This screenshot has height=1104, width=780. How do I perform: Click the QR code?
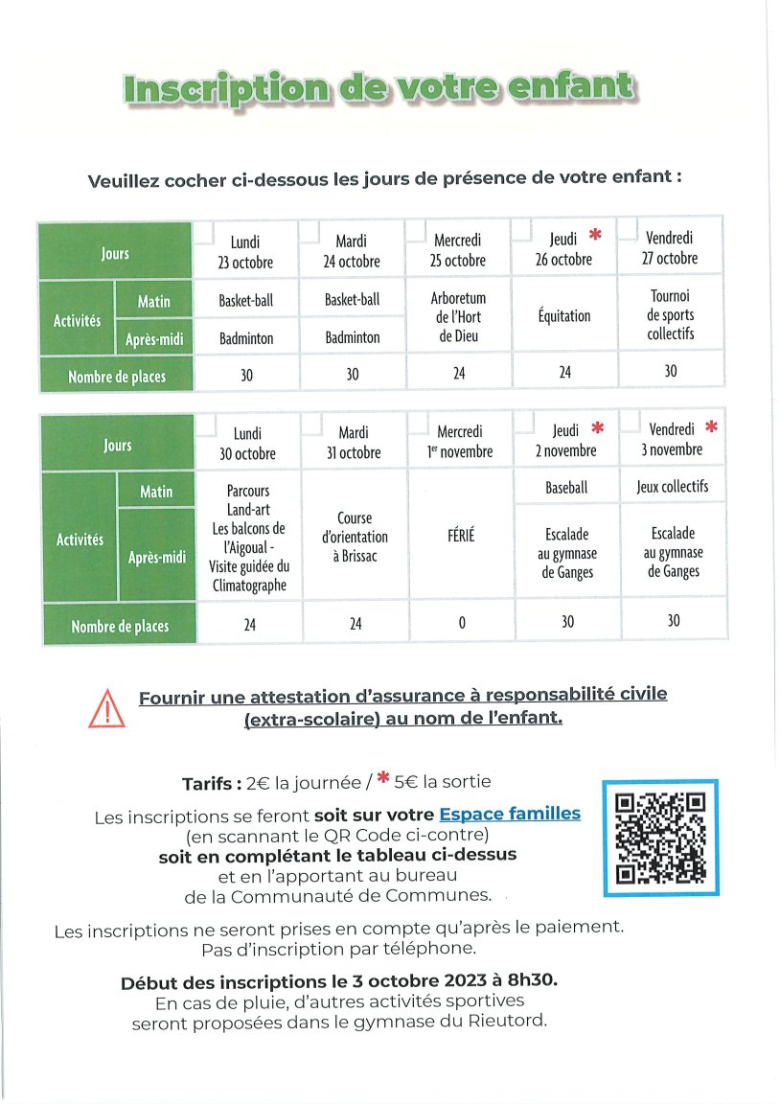[660, 838]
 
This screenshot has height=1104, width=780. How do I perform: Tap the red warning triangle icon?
[105, 708]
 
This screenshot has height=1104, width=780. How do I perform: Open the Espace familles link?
[510, 814]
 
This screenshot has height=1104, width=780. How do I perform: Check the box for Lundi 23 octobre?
[203, 232]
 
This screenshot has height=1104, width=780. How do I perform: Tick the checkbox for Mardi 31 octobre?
[311, 424]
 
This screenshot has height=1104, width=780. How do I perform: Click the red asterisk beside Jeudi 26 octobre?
[595, 235]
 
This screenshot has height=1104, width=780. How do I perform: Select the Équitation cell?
[564, 316]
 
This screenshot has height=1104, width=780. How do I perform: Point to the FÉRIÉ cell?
[461, 536]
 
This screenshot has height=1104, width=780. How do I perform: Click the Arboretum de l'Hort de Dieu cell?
[459, 317]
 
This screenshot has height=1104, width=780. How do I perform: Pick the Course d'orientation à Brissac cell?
[354, 537]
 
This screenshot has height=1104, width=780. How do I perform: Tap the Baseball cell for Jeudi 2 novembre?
[566, 488]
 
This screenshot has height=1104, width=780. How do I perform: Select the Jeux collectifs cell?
[673, 487]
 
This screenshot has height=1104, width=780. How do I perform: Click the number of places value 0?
[461, 623]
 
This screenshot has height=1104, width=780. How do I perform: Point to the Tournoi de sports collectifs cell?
[671, 315]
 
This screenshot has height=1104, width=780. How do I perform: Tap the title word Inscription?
[219, 89]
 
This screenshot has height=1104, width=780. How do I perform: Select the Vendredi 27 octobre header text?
[670, 247]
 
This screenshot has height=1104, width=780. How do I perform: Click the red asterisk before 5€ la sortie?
[381, 780]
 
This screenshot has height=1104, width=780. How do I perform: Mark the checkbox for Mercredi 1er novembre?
[417, 424]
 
